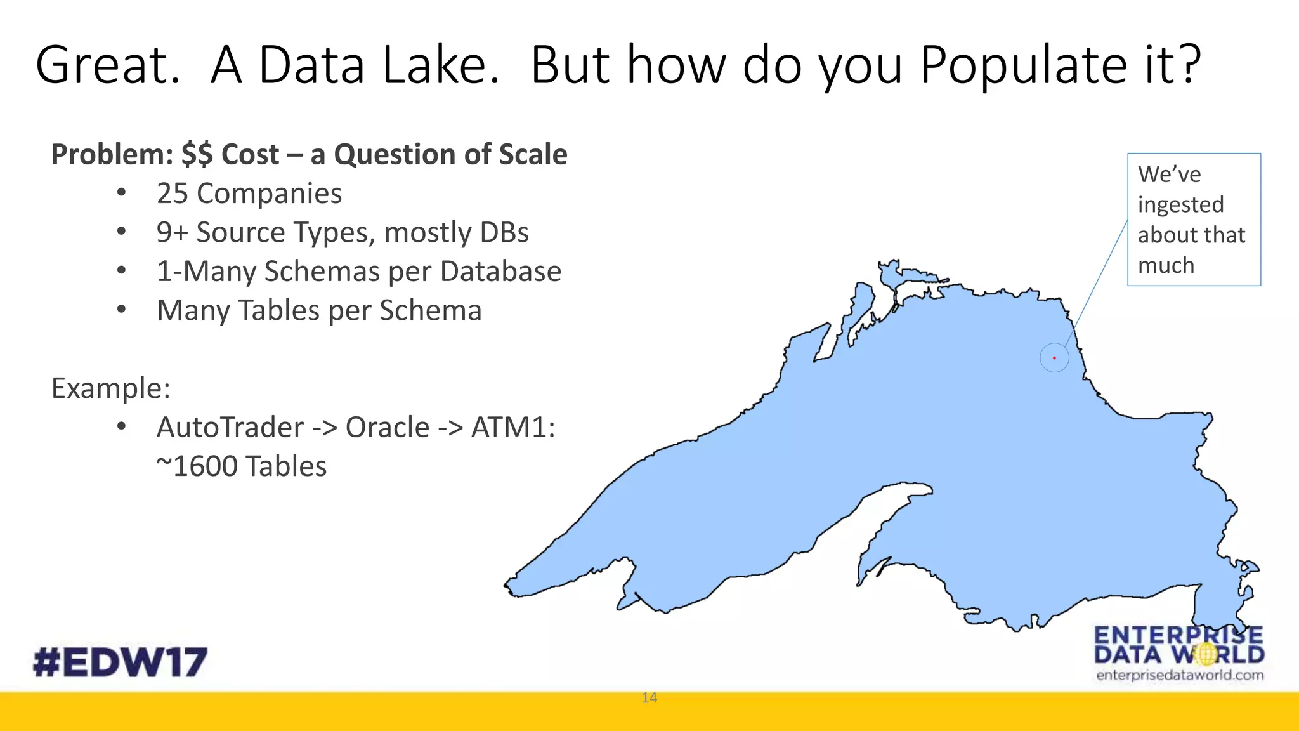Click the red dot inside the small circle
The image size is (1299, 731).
[1054, 358]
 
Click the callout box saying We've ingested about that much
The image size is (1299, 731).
[1193, 220]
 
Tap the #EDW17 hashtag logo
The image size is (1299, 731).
[120, 662]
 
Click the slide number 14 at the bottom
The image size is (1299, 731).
[649, 698]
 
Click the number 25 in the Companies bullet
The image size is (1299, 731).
[172, 194]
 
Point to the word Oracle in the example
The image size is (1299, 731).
[388, 427]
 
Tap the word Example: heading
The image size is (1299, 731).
[111, 388]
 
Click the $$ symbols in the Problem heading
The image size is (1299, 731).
[197, 155]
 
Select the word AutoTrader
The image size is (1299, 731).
[230, 427]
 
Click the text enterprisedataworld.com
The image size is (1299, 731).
[1179, 675]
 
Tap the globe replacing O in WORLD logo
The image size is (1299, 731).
[1206, 654]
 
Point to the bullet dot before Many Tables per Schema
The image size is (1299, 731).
[122, 310]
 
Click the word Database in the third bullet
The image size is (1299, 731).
[500, 272]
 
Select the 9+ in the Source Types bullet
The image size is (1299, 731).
[172, 233]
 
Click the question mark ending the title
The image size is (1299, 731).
[1186, 65]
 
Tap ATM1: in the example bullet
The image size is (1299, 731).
[512, 427]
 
